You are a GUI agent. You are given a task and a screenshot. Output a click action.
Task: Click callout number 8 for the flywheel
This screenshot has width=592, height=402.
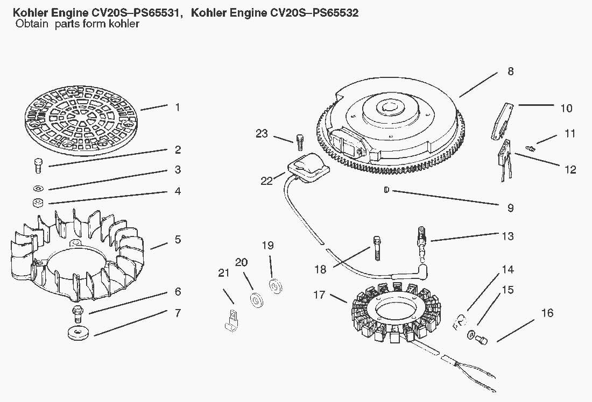click(x=510, y=71)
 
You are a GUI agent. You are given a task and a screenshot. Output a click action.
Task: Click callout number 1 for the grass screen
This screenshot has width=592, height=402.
click(x=178, y=107)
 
